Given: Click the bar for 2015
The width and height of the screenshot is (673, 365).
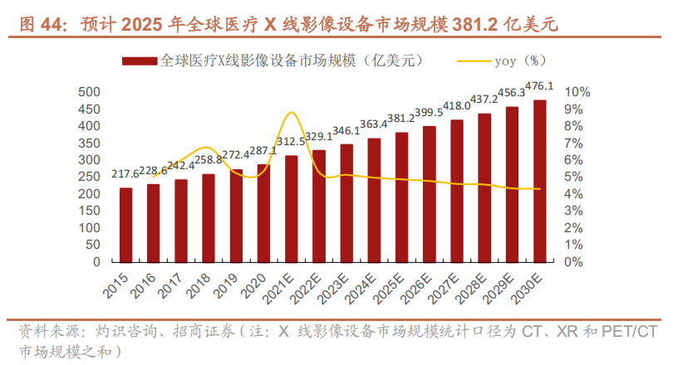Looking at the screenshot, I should click(126, 224).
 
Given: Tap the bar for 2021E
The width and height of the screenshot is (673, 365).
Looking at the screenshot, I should click(292, 208).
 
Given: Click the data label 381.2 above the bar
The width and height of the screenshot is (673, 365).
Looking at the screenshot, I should click(402, 118).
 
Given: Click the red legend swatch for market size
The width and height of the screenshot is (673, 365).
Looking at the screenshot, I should click(140, 61).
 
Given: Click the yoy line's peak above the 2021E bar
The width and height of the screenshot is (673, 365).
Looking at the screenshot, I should click(291, 113).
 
